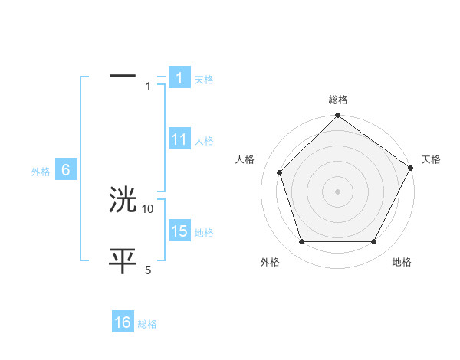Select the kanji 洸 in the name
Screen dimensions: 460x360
pyautogui.click(x=123, y=201)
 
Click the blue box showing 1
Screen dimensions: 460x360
pyautogui.click(x=179, y=78)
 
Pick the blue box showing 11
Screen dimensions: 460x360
pyautogui.click(x=179, y=140)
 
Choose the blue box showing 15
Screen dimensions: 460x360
pyautogui.click(x=179, y=231)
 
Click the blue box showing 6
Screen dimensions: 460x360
pyautogui.click(x=66, y=171)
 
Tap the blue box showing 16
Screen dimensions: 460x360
pyautogui.click(x=123, y=323)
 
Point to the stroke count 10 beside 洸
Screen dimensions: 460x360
pyautogui.click(x=148, y=208)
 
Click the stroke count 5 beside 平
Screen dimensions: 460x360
pyautogui.click(x=148, y=270)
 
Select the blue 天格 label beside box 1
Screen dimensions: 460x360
pyautogui.click(x=204, y=79)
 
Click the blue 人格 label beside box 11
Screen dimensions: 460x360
pyautogui.click(x=204, y=141)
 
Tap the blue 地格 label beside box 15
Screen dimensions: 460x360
pyautogui.click(x=204, y=232)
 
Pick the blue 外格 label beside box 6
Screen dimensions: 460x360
pyautogui.click(x=41, y=172)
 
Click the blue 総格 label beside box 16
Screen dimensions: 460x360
pyautogui.click(x=147, y=324)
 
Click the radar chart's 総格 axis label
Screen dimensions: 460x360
pyautogui.click(x=338, y=100)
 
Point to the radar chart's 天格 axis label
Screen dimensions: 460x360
pyautogui.click(x=431, y=159)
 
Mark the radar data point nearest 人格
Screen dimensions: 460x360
pyautogui.click(x=279, y=172)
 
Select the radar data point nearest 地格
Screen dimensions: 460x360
pyautogui.click(x=374, y=242)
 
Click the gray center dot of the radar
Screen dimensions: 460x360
pyautogui.click(x=337, y=191)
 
